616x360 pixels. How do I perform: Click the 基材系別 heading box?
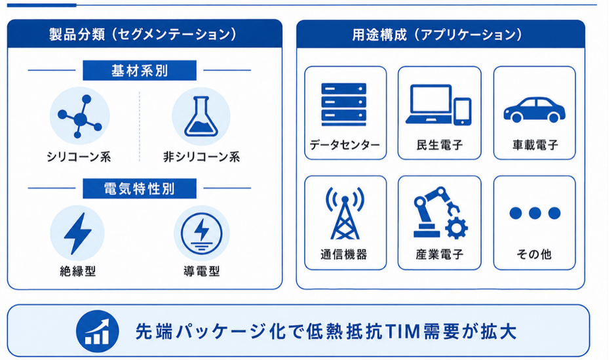pyautogui.click(x=140, y=70)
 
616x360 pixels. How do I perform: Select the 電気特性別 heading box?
pyautogui.click(x=140, y=189)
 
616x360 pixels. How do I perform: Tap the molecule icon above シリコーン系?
pyautogui.click(x=80, y=117)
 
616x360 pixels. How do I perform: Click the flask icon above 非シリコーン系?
pyautogui.click(x=201, y=117)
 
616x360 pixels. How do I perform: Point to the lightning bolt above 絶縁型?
pyautogui.click(x=77, y=233)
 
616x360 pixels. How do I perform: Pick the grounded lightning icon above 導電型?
pyautogui.click(x=202, y=233)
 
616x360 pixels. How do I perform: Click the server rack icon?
pyautogui.click(x=344, y=104)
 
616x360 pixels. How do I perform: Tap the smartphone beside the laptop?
pyautogui.click(x=463, y=111)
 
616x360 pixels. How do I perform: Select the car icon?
pyautogui.click(x=534, y=110)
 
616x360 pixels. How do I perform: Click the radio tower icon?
pyautogui.click(x=345, y=213)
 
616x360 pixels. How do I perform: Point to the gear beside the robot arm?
pyautogui.click(x=456, y=228)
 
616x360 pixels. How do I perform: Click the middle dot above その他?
pyautogui.click(x=535, y=213)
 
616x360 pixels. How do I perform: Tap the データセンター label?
pyautogui.click(x=345, y=145)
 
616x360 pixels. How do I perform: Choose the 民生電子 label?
pyautogui.click(x=440, y=145)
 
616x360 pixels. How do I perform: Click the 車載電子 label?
pyautogui.click(x=535, y=145)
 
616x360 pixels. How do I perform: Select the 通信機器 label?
pyautogui.click(x=344, y=254)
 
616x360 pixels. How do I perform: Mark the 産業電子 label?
pyautogui.click(x=440, y=254)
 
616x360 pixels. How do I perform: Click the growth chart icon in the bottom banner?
pyautogui.click(x=97, y=331)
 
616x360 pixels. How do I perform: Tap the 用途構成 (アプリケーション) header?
pyautogui.click(x=437, y=35)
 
